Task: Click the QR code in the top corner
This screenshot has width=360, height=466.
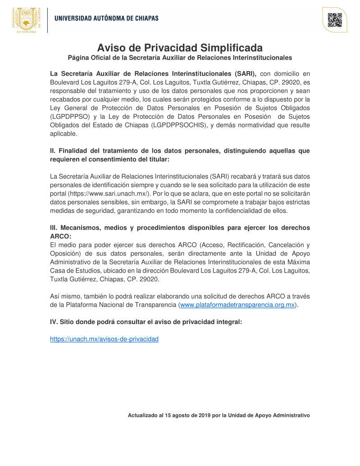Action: coord(334,20)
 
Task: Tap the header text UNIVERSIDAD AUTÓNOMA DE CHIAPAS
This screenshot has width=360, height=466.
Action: coord(106,18)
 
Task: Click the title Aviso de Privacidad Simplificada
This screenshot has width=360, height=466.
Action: coord(180,48)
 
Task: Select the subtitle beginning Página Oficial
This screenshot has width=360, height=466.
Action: coord(180,58)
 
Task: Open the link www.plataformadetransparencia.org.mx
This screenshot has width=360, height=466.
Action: coord(237,305)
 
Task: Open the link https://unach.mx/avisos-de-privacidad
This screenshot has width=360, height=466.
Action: coord(104,339)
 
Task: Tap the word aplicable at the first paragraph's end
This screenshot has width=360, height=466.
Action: coord(64,133)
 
